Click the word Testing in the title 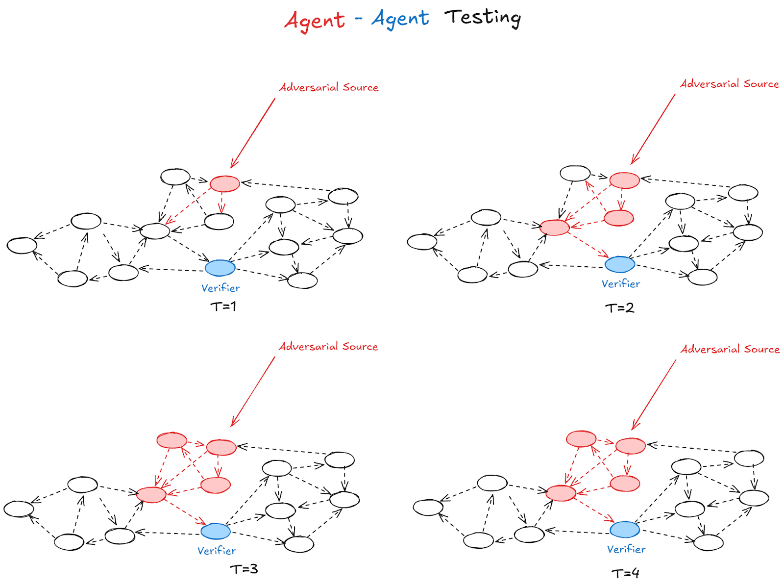pyautogui.click(x=483, y=18)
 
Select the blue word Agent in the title pyautogui.click(x=400, y=19)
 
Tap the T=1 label pyautogui.click(x=223, y=306)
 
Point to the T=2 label pyautogui.click(x=620, y=308)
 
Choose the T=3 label pyautogui.click(x=244, y=569)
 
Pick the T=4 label pyautogui.click(x=625, y=573)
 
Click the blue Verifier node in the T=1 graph pyautogui.click(x=220, y=268)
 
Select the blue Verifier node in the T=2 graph pyautogui.click(x=620, y=264)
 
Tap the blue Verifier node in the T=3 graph pyautogui.click(x=216, y=531)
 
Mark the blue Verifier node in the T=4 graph pyautogui.click(x=625, y=530)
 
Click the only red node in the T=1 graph pyautogui.click(x=224, y=184)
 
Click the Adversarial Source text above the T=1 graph pyautogui.click(x=329, y=87)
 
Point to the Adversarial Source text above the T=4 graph pyautogui.click(x=730, y=349)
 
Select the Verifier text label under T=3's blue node pyautogui.click(x=217, y=551)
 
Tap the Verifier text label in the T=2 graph pyautogui.click(x=621, y=284)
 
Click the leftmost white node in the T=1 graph pyautogui.click(x=22, y=246)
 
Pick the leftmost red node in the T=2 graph pyautogui.click(x=554, y=228)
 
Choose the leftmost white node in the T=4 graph pyautogui.click(x=428, y=507)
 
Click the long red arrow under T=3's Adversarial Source pyautogui.click(x=253, y=391)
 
